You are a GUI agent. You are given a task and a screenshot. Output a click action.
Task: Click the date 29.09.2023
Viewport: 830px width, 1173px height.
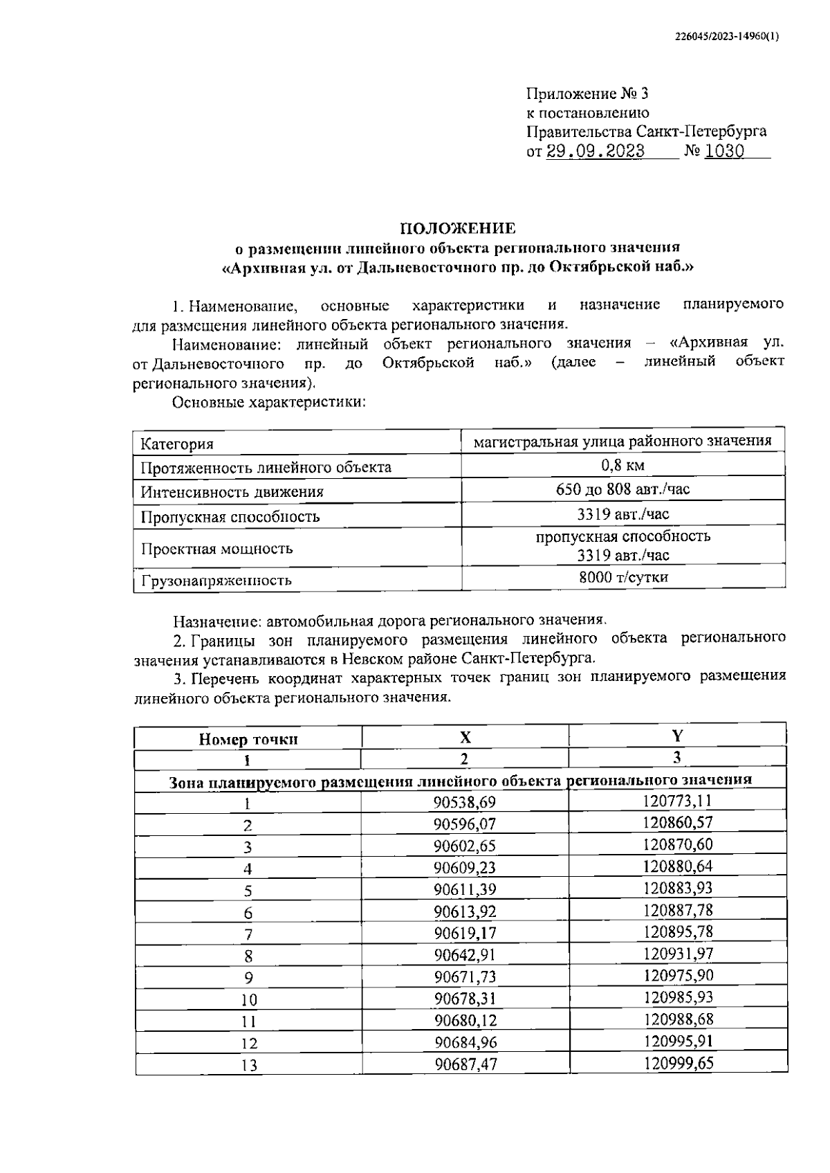click(x=596, y=152)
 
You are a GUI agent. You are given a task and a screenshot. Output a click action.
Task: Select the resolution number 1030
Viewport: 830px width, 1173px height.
click(x=724, y=152)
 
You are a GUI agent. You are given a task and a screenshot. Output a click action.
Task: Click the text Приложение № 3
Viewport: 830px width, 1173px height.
click(x=587, y=94)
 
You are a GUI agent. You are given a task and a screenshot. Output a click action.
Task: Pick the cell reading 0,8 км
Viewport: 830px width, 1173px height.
click(x=623, y=465)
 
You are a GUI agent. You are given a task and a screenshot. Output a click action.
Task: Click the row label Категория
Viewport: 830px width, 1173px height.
click(x=177, y=444)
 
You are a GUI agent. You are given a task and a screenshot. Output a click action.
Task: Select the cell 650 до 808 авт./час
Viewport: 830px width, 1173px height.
click(x=623, y=489)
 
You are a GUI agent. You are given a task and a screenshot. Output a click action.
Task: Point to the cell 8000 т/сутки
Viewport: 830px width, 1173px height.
click(x=623, y=577)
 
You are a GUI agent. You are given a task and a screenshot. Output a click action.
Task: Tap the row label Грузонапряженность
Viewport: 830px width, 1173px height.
click(x=216, y=581)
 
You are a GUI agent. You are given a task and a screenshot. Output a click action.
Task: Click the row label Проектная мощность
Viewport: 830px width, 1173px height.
click(x=217, y=549)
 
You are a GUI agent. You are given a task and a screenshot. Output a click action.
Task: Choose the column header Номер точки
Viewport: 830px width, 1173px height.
click(x=248, y=739)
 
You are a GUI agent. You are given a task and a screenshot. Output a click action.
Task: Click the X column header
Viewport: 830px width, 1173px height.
click(x=465, y=737)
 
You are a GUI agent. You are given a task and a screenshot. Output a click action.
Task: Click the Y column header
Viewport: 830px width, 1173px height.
click(x=677, y=735)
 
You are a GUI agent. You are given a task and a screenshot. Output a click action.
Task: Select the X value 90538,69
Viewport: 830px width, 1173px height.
click(x=465, y=802)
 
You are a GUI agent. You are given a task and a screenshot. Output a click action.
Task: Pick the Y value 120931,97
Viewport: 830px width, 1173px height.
click(x=678, y=954)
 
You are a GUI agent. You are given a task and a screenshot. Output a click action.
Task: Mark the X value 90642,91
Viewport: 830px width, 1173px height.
click(x=465, y=955)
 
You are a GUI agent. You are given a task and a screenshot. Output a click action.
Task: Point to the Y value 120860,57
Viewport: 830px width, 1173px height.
click(x=678, y=823)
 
